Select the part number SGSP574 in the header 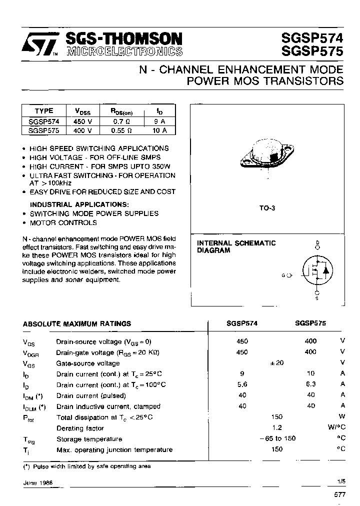(x=312, y=37)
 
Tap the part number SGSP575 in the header (x=312, y=51)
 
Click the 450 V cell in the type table (x=82, y=121)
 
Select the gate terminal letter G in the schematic (x=283, y=275)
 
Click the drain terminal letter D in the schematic (x=316, y=243)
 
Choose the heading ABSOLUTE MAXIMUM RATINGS (x=77, y=324)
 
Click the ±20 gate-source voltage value (x=276, y=363)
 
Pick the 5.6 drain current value (x=242, y=384)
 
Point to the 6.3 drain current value (x=310, y=384)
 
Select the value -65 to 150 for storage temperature (x=277, y=438)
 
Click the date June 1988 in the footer (x=38, y=483)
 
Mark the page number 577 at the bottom (x=339, y=494)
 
